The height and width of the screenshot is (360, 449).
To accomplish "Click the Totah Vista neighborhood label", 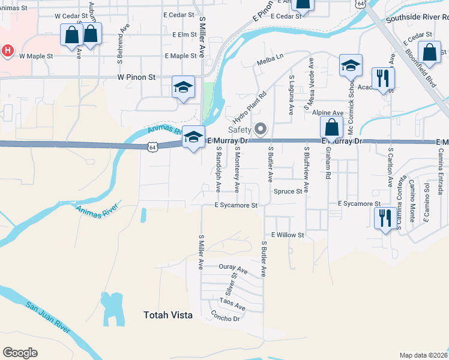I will (167, 314).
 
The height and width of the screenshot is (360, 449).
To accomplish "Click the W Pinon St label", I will (136, 77).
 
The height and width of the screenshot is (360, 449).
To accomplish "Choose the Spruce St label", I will (288, 192).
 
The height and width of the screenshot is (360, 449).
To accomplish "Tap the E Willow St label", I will (288, 235).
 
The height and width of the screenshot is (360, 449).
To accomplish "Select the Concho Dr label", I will (226, 316).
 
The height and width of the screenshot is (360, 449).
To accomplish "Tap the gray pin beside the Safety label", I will (261, 129).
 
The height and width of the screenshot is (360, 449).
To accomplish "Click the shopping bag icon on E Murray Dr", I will (331, 127).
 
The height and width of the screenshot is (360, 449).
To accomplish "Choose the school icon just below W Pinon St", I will (183, 88).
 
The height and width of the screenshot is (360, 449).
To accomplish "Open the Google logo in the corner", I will (20, 353).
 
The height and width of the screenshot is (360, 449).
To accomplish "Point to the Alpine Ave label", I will (328, 113).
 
